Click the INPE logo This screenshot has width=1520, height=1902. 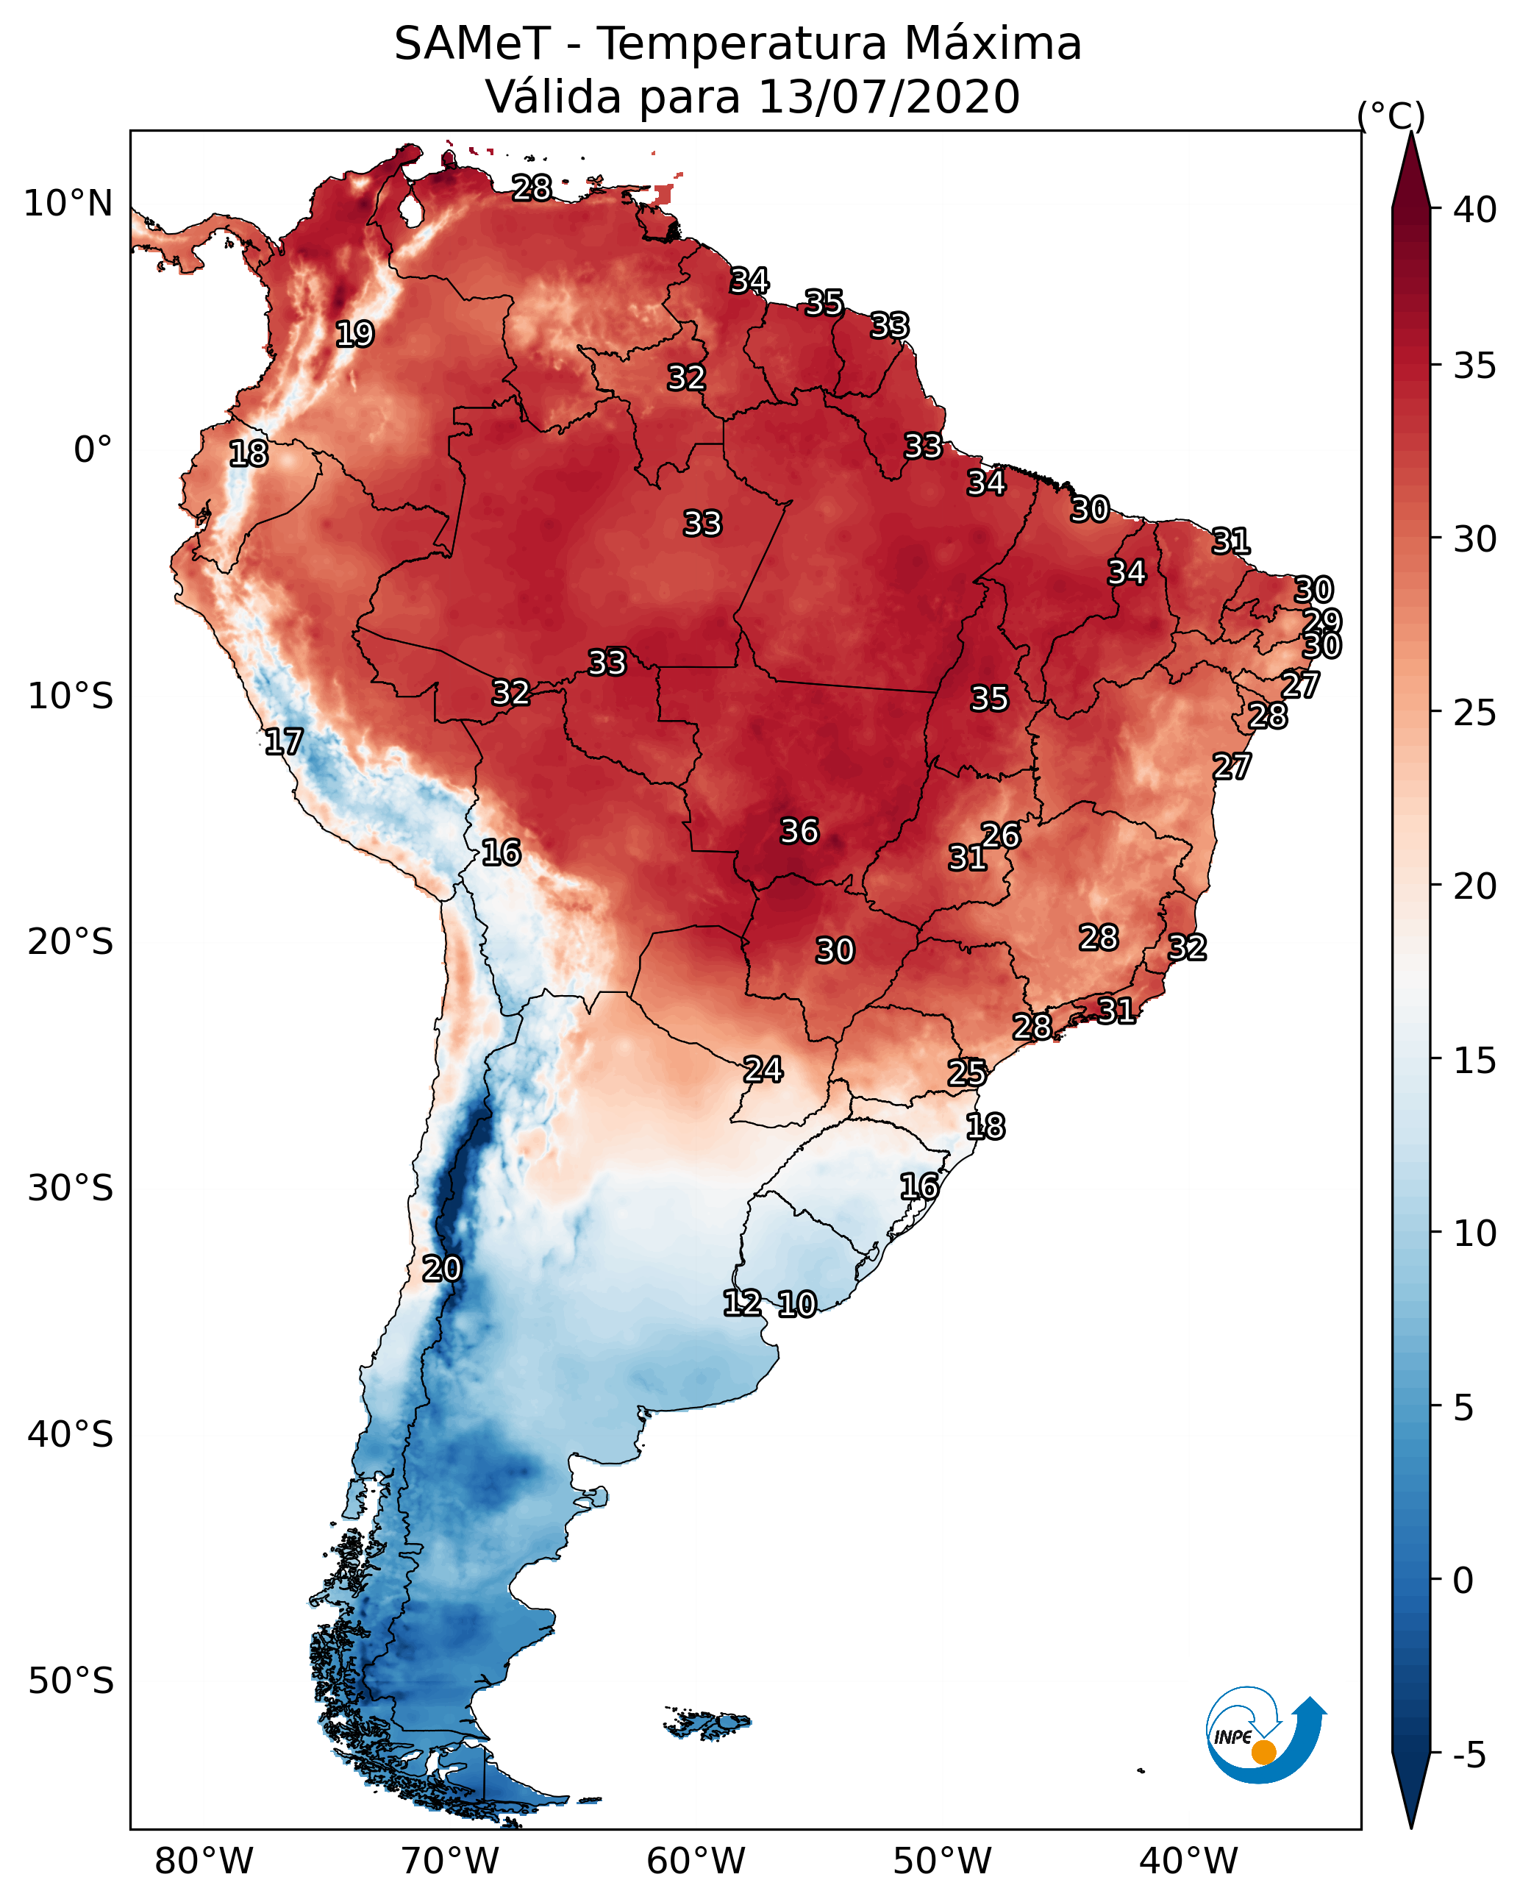tap(1264, 1737)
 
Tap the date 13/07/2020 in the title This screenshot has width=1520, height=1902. tap(888, 97)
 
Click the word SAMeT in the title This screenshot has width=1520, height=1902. tap(472, 44)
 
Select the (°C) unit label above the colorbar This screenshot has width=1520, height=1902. tap(1391, 115)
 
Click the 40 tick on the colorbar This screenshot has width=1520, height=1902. tap(1474, 210)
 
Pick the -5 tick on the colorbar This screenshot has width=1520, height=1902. tap(1468, 1755)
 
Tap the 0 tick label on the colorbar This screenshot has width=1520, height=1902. tap(1463, 1581)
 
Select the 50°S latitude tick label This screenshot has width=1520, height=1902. tap(71, 1681)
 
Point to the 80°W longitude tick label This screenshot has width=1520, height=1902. tap(204, 1862)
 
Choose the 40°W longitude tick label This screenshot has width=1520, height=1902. tap(1188, 1862)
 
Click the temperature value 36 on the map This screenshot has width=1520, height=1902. tap(799, 831)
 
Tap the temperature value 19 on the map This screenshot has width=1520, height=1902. tap(354, 335)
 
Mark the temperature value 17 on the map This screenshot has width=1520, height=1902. tap(283, 742)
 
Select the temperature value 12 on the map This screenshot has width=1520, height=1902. tap(742, 1303)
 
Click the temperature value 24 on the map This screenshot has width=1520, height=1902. tap(763, 1070)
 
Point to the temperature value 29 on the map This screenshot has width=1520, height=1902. tap(1321, 621)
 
